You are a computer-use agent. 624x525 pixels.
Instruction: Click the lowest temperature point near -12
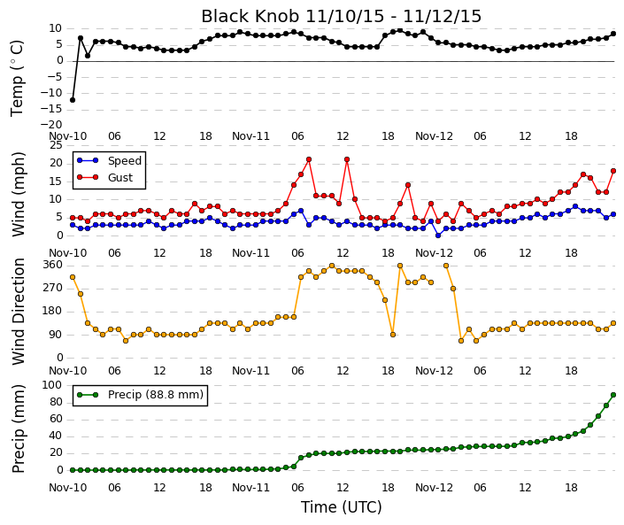point(73,100)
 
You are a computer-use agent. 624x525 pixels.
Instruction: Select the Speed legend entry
point(109,161)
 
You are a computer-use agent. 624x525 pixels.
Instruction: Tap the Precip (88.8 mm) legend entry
point(140,395)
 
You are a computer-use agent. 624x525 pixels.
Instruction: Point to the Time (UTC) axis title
point(341,507)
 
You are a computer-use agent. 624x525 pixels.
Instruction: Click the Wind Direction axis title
point(19,312)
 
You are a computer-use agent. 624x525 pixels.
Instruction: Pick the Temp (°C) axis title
point(18,79)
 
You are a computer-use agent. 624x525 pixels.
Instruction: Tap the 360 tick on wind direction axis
point(53,265)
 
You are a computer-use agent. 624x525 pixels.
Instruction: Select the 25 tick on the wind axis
point(56,145)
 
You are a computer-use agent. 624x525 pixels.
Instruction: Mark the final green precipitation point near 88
point(613,395)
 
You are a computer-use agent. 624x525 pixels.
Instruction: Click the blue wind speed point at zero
point(438,235)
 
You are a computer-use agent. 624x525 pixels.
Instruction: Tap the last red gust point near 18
point(613,171)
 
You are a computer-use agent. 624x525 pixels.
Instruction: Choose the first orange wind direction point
point(73,277)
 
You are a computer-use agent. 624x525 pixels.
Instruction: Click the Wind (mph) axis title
point(19,195)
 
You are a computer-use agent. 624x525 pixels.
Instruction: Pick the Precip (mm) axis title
point(19,428)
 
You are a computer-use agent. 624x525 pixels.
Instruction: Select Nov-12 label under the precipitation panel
point(435,488)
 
